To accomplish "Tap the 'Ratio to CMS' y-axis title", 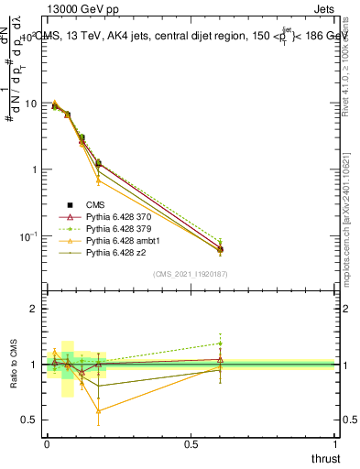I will [x=13, y=365].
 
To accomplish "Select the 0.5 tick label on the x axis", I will [x=191, y=444].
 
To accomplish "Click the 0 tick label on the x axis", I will [x=47, y=444].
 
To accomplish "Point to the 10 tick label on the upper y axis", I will [x=32, y=104].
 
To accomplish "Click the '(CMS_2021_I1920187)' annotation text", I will [x=191, y=273].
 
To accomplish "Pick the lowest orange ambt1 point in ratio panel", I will [x=98, y=410].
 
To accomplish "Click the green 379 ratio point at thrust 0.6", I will [x=221, y=343].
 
